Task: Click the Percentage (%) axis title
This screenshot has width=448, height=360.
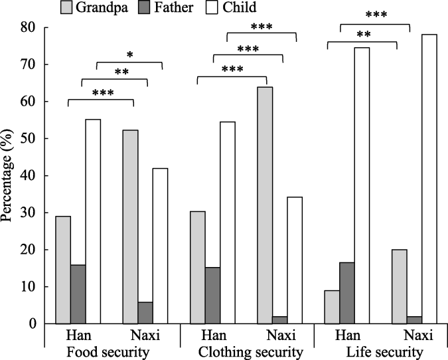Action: click(10, 176)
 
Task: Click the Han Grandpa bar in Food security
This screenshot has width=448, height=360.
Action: click(63, 270)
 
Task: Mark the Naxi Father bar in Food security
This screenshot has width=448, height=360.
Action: click(145, 313)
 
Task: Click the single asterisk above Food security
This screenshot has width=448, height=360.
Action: click(130, 54)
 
